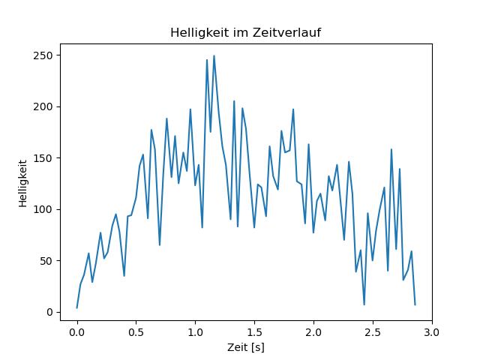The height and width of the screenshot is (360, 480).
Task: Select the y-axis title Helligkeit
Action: click(x=23, y=182)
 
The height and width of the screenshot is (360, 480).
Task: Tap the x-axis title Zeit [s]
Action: click(x=246, y=348)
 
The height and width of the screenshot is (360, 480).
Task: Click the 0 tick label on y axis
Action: click(x=50, y=312)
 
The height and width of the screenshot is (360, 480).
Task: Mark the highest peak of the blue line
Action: click(x=214, y=55)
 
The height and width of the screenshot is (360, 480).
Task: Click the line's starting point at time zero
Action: click(x=76, y=308)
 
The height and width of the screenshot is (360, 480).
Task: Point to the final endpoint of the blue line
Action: click(x=415, y=305)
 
